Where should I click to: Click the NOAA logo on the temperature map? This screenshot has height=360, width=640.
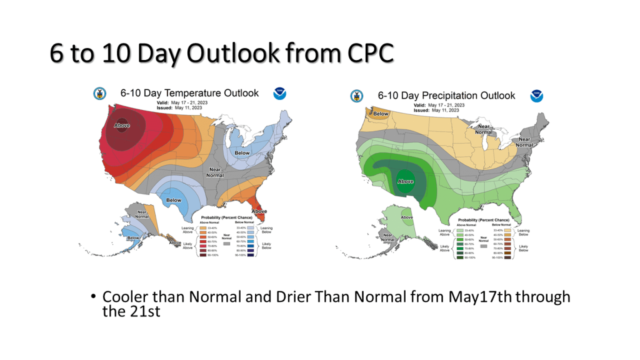[279, 94]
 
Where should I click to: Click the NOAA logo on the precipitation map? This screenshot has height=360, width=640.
[536, 96]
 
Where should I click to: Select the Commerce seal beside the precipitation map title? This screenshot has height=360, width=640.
[357, 95]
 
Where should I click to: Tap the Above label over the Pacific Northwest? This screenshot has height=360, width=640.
[122, 126]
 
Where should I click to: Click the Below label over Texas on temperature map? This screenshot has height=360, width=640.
[174, 201]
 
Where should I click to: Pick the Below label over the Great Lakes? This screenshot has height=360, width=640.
[242, 152]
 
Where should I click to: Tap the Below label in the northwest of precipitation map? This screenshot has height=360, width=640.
[381, 114]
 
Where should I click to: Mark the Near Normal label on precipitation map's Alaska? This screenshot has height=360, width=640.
[388, 239]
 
